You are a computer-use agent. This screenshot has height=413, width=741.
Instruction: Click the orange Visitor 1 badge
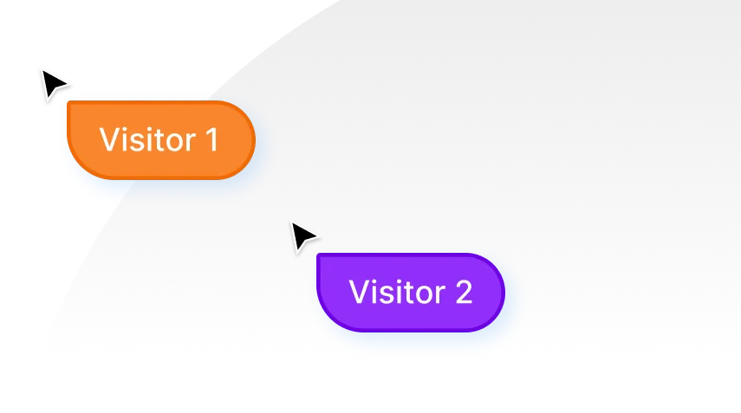pos(161,140)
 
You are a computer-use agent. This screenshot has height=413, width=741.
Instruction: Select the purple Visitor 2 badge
pos(411,293)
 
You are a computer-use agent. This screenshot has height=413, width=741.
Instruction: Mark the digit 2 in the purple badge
pos(462,293)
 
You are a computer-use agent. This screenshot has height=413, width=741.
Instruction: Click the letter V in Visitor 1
pos(109,140)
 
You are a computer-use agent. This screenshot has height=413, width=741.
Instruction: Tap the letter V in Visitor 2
pos(359,293)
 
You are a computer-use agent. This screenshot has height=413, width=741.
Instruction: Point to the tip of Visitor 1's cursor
pos(39,66)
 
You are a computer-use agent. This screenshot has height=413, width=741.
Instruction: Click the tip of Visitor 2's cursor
pos(290,220)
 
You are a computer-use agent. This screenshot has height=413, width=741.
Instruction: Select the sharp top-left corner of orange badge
pos(69,103)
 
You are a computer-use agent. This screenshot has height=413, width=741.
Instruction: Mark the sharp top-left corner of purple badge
pos(319,255)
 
